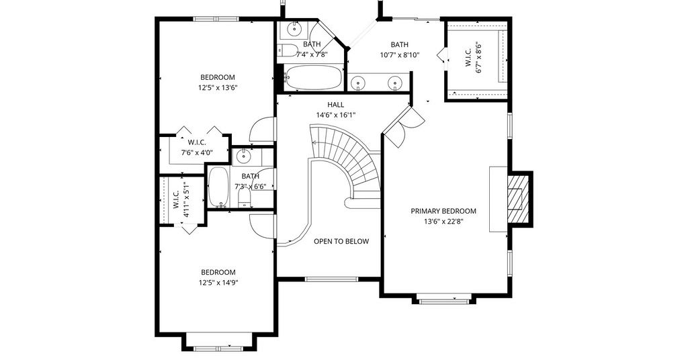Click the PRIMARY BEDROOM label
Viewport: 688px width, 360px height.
[x=443, y=211]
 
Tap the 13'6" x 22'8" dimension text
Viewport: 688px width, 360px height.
[x=443, y=222]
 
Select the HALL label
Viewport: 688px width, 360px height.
[x=336, y=105]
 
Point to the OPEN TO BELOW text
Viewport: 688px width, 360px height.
[x=341, y=241]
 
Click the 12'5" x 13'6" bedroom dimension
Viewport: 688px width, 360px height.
[x=218, y=88]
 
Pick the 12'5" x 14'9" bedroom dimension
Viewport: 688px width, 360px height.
[x=218, y=283]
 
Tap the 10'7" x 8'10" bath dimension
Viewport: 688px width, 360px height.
[x=400, y=55]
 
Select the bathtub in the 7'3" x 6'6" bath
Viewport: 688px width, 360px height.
[x=218, y=187]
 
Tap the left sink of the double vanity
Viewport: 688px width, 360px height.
[x=359, y=82]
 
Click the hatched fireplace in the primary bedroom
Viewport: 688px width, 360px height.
[x=517, y=199]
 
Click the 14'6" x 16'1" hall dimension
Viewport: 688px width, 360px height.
[x=336, y=116]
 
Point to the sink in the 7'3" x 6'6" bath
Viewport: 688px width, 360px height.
[x=241, y=156]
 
